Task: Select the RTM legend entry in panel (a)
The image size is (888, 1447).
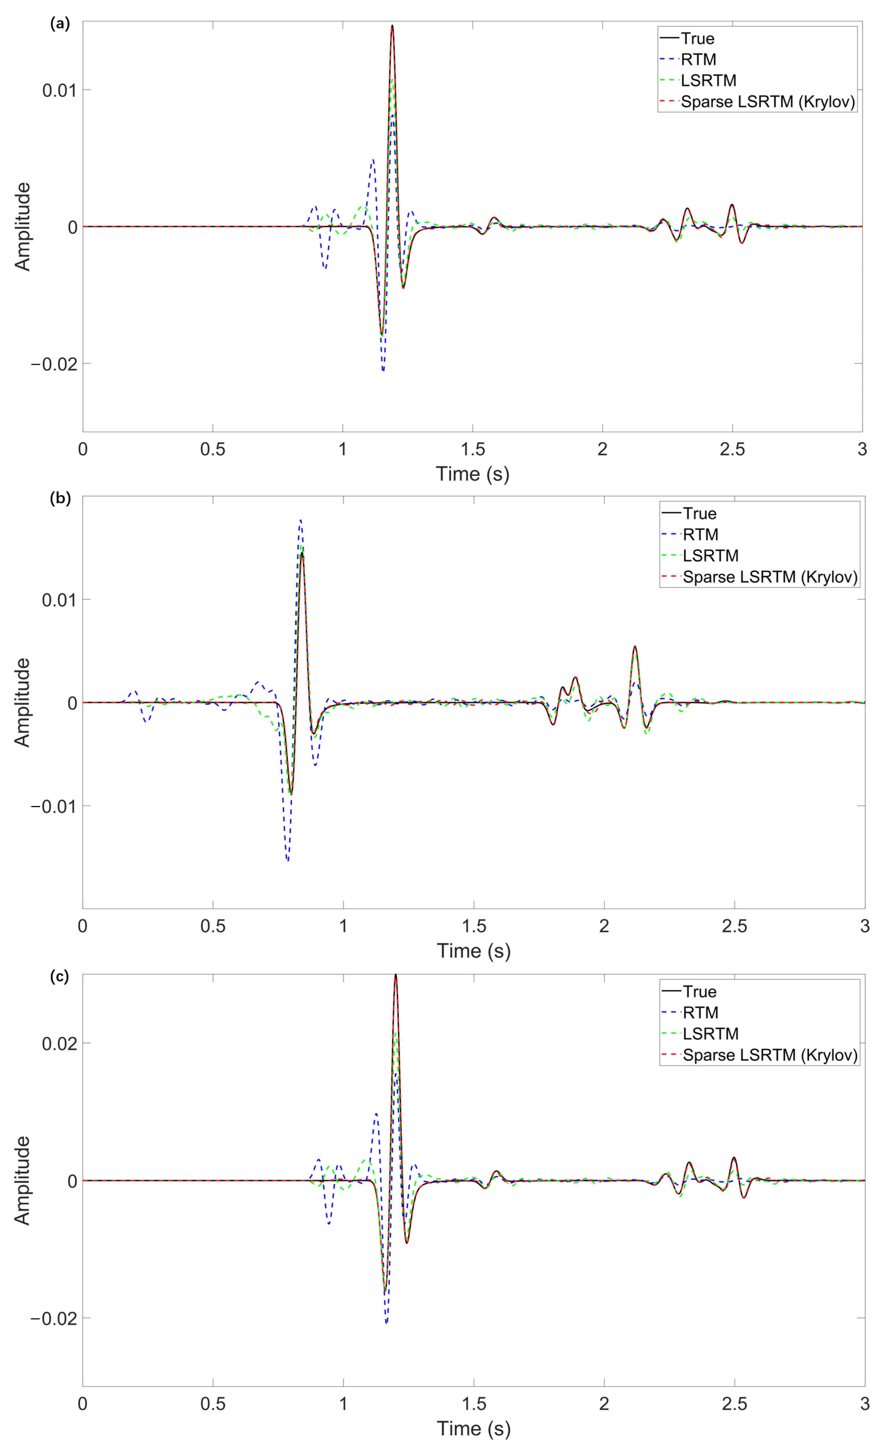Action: pos(698,59)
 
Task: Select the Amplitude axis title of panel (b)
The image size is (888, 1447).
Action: pos(22,702)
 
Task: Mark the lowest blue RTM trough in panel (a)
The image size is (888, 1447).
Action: pos(383,371)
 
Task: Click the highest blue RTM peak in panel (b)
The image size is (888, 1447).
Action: pos(300,520)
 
